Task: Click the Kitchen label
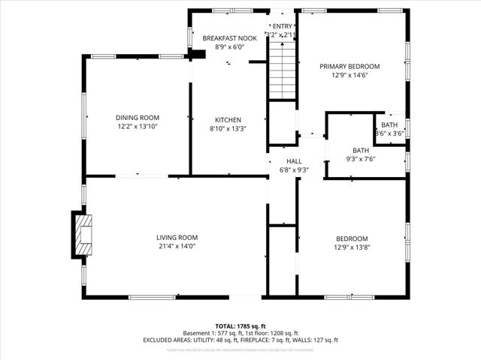pyautogui.click(x=228, y=120)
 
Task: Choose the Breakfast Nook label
pyautogui.click(x=231, y=38)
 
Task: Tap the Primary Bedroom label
pyautogui.click(x=349, y=66)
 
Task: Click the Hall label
pyautogui.click(x=293, y=161)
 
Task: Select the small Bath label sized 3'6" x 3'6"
pyautogui.click(x=389, y=125)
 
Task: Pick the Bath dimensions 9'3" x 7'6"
pyautogui.click(x=361, y=159)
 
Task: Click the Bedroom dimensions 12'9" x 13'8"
pyautogui.click(x=352, y=247)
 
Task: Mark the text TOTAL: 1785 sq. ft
pyautogui.click(x=240, y=326)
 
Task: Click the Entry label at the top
pyautogui.click(x=283, y=26)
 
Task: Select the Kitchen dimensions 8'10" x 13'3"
pyautogui.click(x=228, y=128)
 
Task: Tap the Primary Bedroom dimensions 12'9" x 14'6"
pyautogui.click(x=349, y=75)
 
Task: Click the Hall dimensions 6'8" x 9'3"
pyautogui.click(x=293, y=169)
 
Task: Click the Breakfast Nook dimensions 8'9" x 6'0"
pyautogui.click(x=231, y=47)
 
